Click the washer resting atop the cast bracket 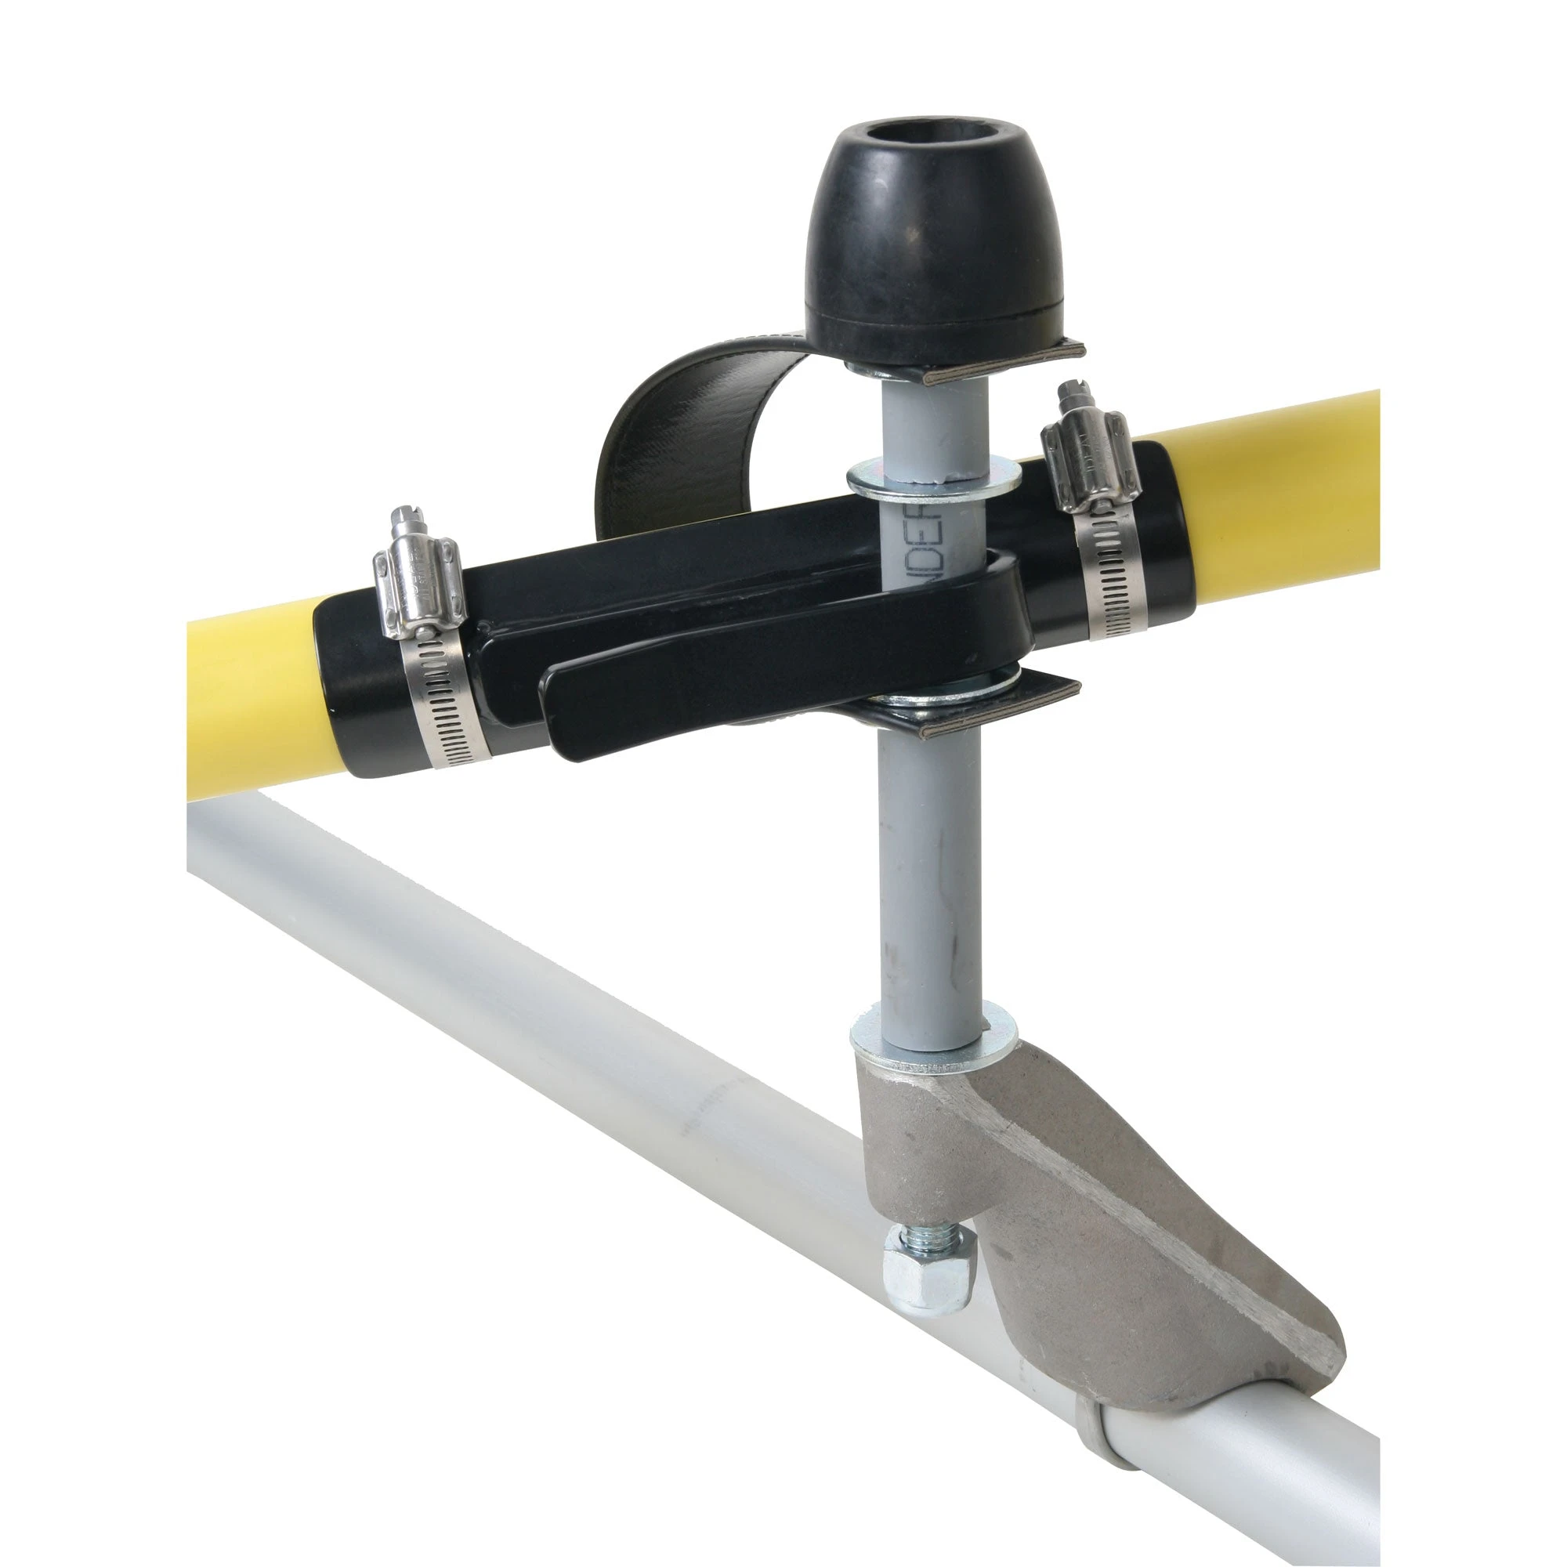(x=932, y=1042)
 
